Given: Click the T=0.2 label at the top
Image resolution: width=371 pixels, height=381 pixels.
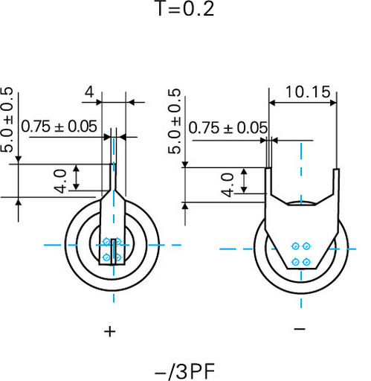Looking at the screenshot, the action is [x=185, y=8].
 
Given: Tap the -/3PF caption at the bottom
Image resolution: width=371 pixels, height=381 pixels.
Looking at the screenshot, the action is [x=184, y=371].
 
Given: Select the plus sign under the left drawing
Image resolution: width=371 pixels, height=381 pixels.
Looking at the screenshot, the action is [x=110, y=332].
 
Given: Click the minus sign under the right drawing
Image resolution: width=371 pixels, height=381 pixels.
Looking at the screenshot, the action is [x=300, y=329].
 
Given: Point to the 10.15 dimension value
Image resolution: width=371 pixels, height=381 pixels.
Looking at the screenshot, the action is [x=308, y=92].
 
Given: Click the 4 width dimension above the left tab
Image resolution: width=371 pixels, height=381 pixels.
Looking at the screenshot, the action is [x=89, y=92].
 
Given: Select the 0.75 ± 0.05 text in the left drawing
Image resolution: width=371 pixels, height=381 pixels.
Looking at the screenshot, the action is [x=59, y=127].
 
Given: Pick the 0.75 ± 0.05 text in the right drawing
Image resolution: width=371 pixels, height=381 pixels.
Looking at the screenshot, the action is [x=228, y=128].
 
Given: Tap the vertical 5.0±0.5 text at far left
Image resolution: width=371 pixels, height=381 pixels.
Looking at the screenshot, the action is [x=7, y=119].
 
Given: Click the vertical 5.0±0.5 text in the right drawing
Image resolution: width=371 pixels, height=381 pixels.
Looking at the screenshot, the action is [x=174, y=121].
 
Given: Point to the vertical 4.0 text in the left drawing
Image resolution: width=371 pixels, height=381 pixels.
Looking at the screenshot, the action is [x=60, y=182].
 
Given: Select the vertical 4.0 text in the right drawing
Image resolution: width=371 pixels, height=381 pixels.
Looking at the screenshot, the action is [x=228, y=185].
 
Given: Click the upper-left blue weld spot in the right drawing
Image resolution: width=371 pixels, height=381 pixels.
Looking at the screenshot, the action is [x=295, y=246].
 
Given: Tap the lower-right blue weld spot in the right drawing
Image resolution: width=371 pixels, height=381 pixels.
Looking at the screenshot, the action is [x=307, y=262].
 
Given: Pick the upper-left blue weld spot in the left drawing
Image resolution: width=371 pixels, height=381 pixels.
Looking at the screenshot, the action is [x=106, y=241].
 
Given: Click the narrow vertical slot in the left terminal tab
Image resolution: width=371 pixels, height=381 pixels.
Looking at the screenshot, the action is [x=114, y=252].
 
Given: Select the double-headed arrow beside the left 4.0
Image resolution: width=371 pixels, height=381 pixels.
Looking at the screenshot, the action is [x=77, y=178].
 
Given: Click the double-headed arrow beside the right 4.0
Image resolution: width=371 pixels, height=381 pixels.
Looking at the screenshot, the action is [x=244, y=181].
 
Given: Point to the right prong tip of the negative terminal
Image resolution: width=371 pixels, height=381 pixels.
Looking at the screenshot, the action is [x=336, y=169].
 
